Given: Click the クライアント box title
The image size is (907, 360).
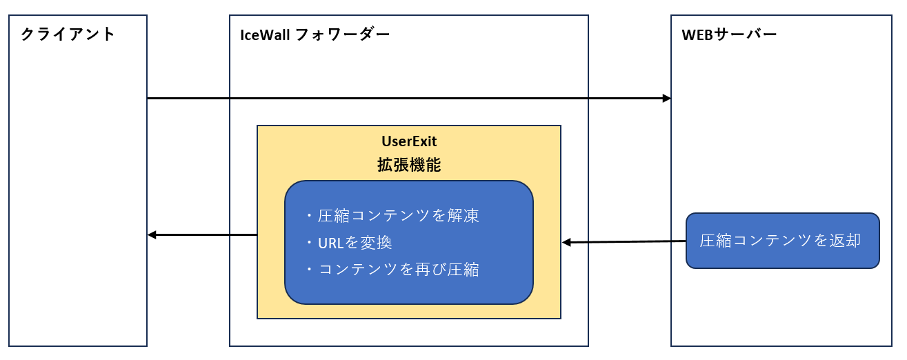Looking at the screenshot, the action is (x=68, y=34).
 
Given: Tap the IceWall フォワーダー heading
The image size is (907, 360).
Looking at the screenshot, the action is (x=315, y=34).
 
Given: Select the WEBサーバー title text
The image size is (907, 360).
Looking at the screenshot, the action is (x=729, y=34).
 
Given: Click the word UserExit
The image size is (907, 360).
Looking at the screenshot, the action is (x=409, y=141).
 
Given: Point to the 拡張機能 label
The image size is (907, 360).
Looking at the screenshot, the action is (x=409, y=165).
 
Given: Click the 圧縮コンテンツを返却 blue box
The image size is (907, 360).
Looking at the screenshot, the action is (x=782, y=241).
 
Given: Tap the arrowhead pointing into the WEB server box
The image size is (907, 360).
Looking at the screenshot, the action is (x=667, y=98).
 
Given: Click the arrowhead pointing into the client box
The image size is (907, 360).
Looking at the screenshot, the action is (x=152, y=235).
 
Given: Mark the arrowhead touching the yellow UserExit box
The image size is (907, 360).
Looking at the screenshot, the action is (x=566, y=243).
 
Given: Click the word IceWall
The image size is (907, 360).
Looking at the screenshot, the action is (x=265, y=35).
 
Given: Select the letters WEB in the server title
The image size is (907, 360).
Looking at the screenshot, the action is (x=697, y=35).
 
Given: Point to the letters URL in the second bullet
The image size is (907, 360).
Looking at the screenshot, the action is (x=331, y=243).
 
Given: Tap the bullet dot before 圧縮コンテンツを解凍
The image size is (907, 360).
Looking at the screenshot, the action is (x=310, y=215).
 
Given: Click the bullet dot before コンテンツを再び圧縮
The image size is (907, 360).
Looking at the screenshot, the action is (x=310, y=269).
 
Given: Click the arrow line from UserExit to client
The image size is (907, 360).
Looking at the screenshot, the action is (x=203, y=235).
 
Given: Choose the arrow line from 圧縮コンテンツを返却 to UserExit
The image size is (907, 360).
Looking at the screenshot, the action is (x=624, y=242).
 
